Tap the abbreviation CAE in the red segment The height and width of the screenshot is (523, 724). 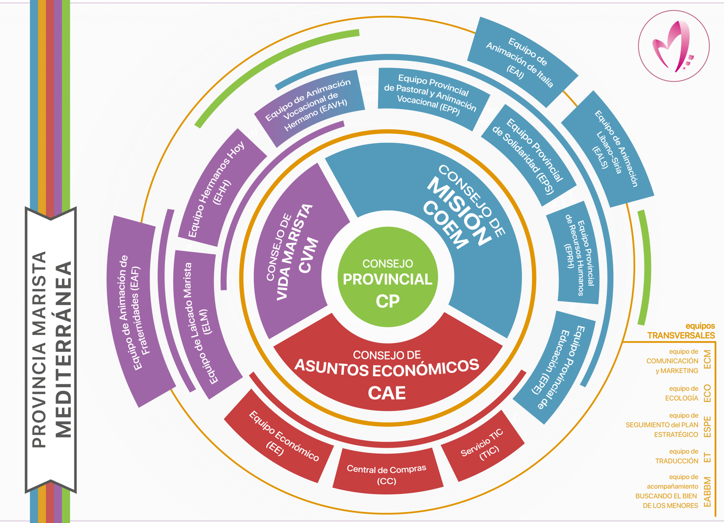coord(387,393)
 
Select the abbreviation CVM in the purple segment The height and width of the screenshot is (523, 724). coord(308,255)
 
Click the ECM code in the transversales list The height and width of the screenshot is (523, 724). coord(707,360)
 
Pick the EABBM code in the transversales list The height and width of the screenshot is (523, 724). coord(707,492)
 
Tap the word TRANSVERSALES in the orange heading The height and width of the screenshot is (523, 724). coord(681,335)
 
